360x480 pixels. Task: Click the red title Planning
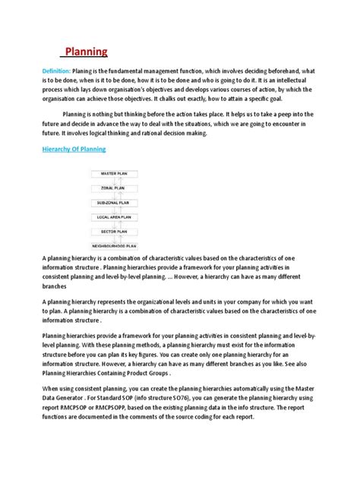pos(85,52)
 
